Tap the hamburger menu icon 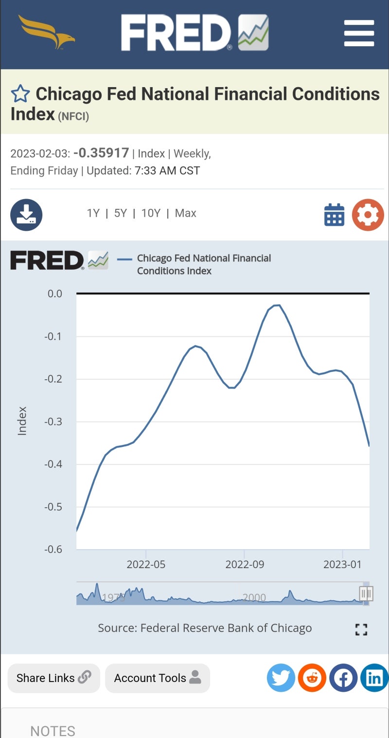click(359, 33)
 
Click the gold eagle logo click(46, 32)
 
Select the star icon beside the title click(20, 93)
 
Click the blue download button click(26, 215)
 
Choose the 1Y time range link click(93, 213)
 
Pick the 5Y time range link click(120, 213)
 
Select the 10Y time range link click(151, 213)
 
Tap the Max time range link click(185, 213)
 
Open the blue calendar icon click(334, 215)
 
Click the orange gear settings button click(368, 215)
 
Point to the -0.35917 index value click(101, 153)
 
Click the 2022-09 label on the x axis click(245, 564)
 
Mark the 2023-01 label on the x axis click(342, 564)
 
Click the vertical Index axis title click(22, 421)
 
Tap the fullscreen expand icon click(361, 629)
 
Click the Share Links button click(54, 678)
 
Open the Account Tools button click(158, 678)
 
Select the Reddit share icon click(312, 678)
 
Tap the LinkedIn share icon click(374, 678)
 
